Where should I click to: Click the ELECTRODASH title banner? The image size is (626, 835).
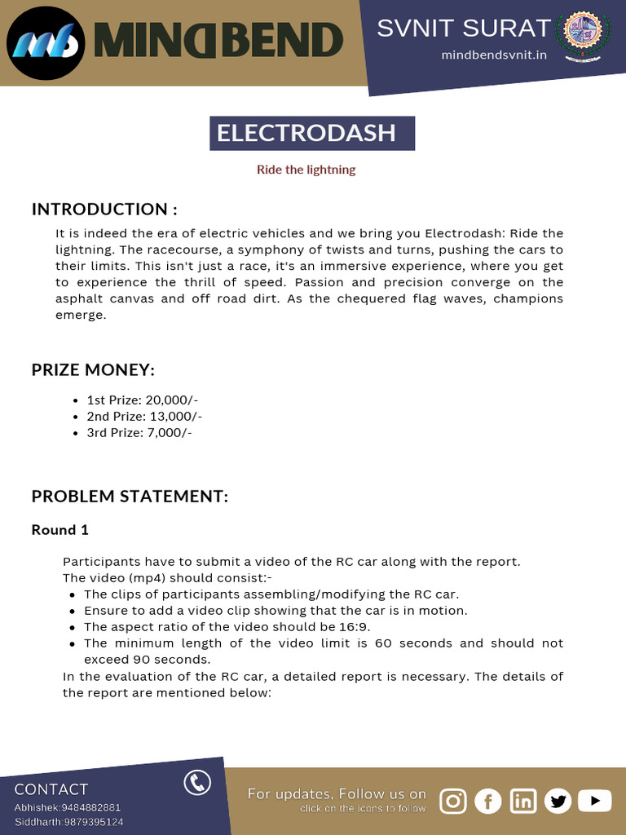point(312,133)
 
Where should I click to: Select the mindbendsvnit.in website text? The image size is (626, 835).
point(494,55)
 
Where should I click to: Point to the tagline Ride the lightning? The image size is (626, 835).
point(306,170)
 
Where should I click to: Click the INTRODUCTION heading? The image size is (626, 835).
point(104,209)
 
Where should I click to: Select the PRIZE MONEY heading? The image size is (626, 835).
point(93,369)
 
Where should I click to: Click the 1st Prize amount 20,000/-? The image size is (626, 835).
point(172,400)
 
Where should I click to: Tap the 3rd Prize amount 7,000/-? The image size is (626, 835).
point(170,432)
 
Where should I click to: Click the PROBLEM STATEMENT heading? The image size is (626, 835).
point(130,496)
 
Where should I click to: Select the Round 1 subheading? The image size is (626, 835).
point(60,530)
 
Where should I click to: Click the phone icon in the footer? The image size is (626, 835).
point(197,783)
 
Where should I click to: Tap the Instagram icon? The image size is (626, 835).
point(453,802)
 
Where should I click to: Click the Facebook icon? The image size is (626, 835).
point(488,802)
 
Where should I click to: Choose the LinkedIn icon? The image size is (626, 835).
point(523,802)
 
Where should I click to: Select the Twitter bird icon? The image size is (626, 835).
point(558,802)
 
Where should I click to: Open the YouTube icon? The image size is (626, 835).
point(594,802)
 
